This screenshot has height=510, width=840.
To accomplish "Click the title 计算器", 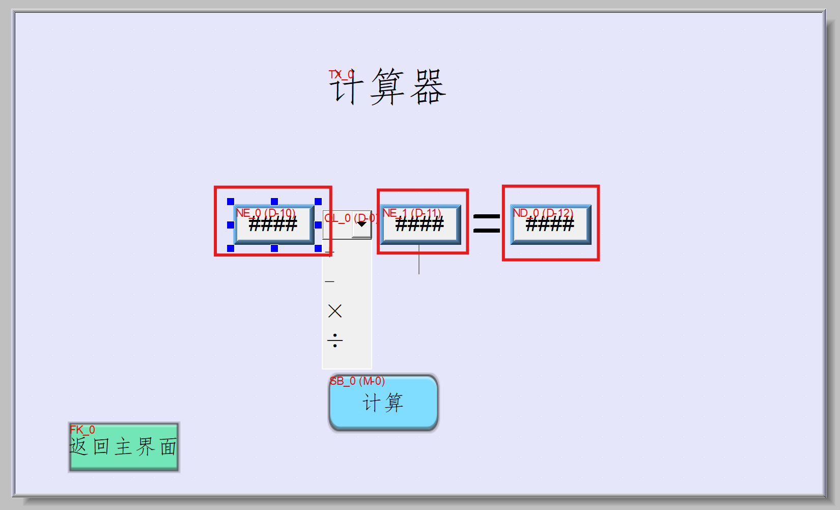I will point(388,87).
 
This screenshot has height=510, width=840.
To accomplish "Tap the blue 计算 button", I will point(383,403).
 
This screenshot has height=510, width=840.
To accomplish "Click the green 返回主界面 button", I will point(124,447).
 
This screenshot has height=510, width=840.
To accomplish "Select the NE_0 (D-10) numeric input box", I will point(274,224).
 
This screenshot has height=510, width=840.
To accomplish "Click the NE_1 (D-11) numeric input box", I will point(421,224).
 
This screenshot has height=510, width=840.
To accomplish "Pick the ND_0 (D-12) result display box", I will point(550,224).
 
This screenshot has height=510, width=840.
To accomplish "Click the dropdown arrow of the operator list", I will point(362,224).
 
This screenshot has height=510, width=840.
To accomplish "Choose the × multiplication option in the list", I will point(335,311).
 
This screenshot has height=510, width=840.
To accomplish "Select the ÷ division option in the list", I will point(335,340).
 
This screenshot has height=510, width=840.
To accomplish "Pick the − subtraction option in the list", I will point(330,281).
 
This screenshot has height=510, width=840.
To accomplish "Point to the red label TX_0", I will point(341,75).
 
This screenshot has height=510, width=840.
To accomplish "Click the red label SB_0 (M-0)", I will point(357,381).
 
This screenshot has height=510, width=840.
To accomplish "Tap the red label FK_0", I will point(82,430).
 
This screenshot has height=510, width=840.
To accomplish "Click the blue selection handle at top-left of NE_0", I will point(231,202).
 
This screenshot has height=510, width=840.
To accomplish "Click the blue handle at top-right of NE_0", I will point(318,202).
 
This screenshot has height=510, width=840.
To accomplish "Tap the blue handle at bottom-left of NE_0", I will point(231,248).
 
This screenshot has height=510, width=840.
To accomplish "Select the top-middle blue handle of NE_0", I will point(274,202).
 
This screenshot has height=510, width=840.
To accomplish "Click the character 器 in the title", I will point(428,87).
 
